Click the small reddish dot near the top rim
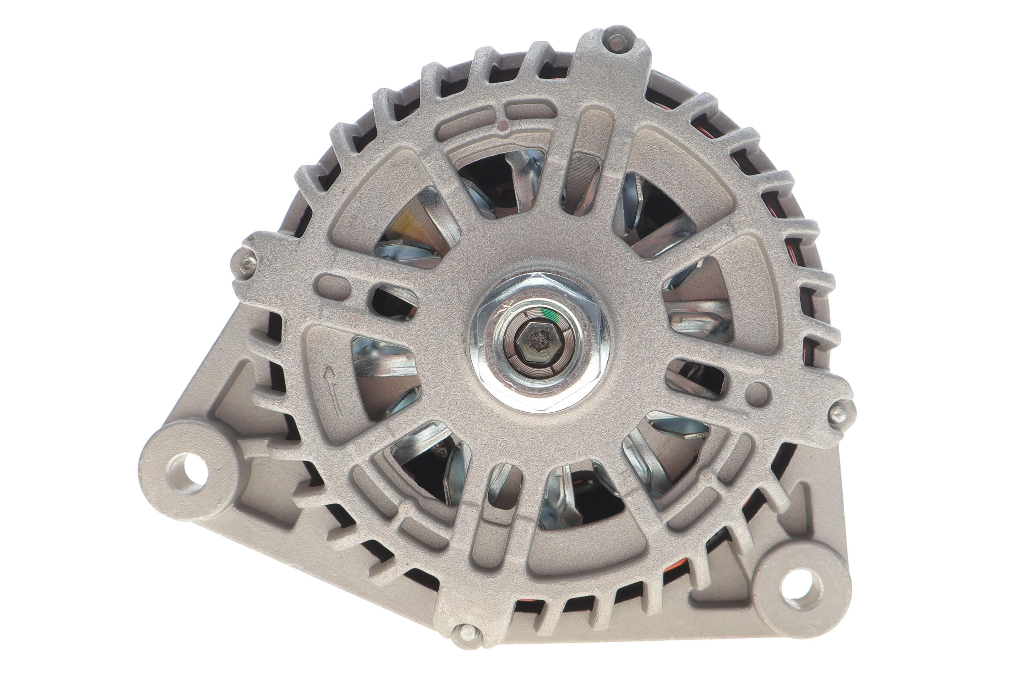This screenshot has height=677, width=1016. click(x=502, y=126)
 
